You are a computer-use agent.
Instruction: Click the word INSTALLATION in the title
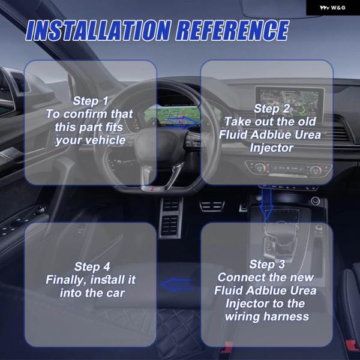click(x=98, y=31)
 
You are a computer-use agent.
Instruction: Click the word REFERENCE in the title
click(x=233, y=31)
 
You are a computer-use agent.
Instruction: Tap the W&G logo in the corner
click(x=332, y=8)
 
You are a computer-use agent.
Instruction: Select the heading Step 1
click(x=91, y=101)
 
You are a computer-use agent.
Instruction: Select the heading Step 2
click(x=272, y=109)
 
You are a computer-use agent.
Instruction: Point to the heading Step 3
click(x=267, y=264)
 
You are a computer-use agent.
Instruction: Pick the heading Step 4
click(x=92, y=267)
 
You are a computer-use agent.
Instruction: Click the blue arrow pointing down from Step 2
click(x=266, y=203)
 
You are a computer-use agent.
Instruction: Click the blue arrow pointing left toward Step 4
click(x=176, y=284)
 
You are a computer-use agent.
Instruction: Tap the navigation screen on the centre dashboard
click(x=290, y=103)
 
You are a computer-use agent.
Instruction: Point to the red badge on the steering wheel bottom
click(x=152, y=189)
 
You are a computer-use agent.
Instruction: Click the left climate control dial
click(x=260, y=169)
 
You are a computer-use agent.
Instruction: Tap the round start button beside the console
click(x=316, y=200)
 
